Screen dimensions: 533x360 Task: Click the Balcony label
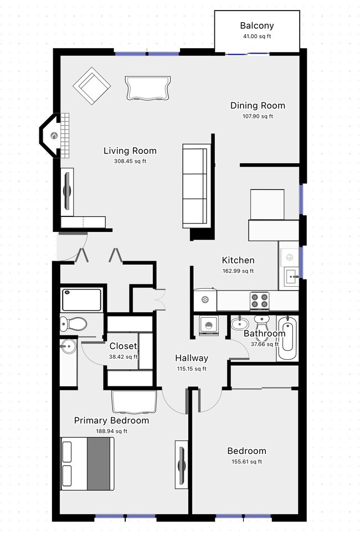[x=256, y=25]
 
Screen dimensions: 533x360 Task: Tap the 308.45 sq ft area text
[x=130, y=162]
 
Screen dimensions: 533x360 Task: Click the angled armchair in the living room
[x=92, y=86]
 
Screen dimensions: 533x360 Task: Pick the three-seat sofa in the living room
[x=197, y=185]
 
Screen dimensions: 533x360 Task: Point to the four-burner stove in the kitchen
[x=259, y=300]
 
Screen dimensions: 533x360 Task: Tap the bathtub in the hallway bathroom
[x=287, y=338]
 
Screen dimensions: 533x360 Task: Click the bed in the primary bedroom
[x=87, y=464]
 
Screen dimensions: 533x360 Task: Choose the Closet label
[x=123, y=346]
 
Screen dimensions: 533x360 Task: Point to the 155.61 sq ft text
[x=246, y=462]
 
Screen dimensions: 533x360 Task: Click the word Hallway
[x=192, y=358]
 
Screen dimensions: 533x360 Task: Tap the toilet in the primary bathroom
[x=74, y=323]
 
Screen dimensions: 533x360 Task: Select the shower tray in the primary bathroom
[x=81, y=299]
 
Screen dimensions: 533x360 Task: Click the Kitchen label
[x=238, y=260]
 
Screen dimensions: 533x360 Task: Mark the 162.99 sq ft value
[x=238, y=271]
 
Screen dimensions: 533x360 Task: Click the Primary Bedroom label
[x=111, y=421]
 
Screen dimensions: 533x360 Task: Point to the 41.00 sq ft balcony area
[x=256, y=37]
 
